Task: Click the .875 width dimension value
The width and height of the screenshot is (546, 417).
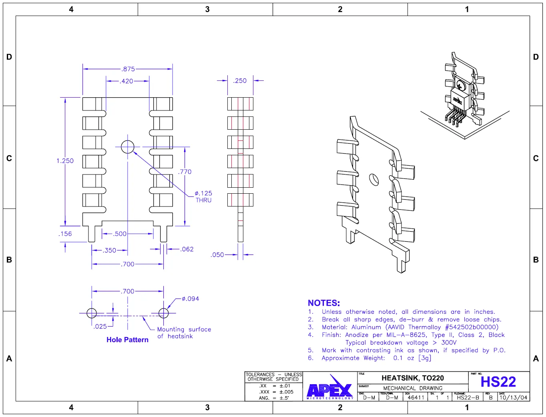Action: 128,69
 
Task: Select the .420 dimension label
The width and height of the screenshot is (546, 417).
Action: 126,81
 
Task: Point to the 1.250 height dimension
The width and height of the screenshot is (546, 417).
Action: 65,161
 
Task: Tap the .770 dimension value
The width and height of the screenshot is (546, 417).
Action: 185,172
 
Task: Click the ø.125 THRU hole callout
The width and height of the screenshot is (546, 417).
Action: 203,196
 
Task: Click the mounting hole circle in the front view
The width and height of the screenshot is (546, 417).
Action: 128,147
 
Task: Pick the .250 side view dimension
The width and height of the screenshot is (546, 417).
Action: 240,81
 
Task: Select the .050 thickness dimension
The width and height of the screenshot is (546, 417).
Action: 217,255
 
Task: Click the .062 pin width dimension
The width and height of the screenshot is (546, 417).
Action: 187,249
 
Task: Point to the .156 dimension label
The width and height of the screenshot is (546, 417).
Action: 65,234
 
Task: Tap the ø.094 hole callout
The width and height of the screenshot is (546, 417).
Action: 190,299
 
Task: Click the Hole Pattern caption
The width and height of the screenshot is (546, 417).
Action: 127,340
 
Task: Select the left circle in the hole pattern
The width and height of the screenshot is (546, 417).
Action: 92,313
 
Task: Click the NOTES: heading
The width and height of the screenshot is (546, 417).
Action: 323,303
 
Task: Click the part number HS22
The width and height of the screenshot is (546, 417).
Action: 498,382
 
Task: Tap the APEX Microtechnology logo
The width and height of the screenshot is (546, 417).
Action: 330,387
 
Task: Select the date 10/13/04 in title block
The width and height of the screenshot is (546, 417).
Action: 513,397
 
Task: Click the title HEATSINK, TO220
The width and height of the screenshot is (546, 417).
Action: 412,378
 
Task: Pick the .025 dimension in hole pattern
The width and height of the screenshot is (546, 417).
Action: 100,327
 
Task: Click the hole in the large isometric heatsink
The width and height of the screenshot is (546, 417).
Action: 373,179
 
